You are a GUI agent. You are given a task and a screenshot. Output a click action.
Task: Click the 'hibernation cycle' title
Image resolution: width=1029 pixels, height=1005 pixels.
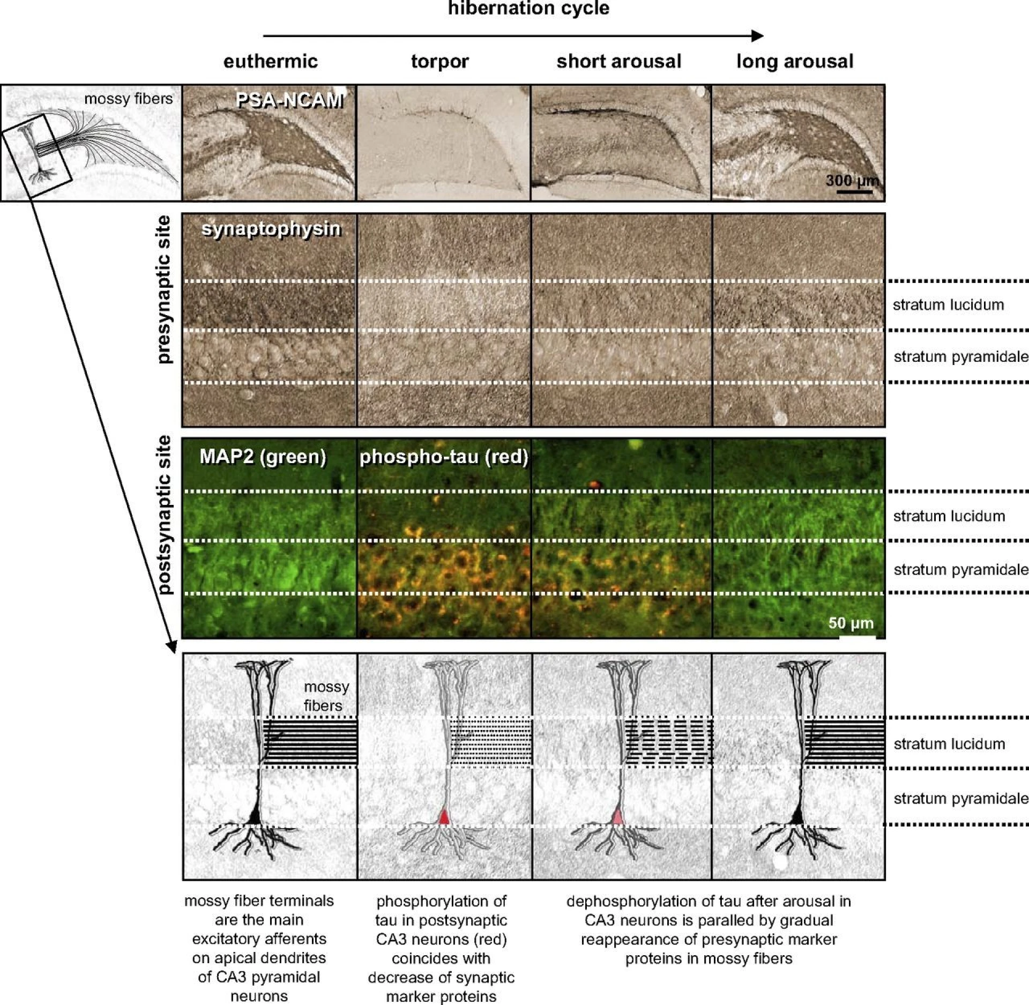tap(528, 9)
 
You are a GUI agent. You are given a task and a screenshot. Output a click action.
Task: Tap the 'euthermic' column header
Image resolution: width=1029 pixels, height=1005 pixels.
tap(271, 62)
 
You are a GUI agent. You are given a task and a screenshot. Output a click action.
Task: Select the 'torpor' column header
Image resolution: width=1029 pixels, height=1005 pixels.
tap(439, 62)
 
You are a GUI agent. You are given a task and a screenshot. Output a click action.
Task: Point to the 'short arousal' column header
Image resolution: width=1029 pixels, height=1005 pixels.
tap(619, 62)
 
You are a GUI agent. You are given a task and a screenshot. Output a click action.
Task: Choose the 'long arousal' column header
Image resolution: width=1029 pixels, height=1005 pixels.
tap(795, 62)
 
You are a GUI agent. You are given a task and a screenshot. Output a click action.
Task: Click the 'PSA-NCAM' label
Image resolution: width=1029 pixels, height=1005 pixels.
tap(289, 100)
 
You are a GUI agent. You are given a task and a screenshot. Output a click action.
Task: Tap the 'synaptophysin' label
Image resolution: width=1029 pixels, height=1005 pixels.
tap(271, 229)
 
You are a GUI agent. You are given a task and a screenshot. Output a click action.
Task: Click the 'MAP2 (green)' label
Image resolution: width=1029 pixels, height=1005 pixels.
tap(263, 457)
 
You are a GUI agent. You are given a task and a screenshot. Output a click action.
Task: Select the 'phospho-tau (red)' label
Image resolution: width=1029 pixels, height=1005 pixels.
tap(444, 457)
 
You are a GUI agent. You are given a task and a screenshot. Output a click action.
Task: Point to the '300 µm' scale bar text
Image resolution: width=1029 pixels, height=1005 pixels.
tap(852, 181)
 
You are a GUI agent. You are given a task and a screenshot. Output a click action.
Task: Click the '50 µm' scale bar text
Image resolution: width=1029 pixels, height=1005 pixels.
tap(851, 623)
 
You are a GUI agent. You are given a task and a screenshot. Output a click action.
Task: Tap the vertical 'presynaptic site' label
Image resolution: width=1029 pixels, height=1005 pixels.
tap(165, 289)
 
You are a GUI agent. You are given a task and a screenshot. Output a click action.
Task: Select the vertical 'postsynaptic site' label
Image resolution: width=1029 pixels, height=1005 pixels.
tap(165, 515)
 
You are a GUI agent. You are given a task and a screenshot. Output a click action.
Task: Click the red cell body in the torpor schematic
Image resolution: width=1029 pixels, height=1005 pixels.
tap(444, 816)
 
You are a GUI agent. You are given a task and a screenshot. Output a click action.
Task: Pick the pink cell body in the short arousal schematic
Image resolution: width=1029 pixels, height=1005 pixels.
tap(618, 816)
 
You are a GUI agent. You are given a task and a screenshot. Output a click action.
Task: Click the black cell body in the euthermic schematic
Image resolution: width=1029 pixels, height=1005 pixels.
tap(256, 816)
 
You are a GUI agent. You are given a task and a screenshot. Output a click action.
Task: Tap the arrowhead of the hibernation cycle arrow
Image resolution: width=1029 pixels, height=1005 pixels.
tap(758, 36)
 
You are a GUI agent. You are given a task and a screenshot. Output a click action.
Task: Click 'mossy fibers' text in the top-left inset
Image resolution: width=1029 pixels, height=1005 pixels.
tap(129, 99)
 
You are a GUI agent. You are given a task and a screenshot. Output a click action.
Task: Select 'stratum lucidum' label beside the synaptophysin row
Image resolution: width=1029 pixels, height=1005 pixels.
tap(948, 305)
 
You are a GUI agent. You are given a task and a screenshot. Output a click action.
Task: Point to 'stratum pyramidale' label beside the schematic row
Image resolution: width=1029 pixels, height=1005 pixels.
tap(960, 799)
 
